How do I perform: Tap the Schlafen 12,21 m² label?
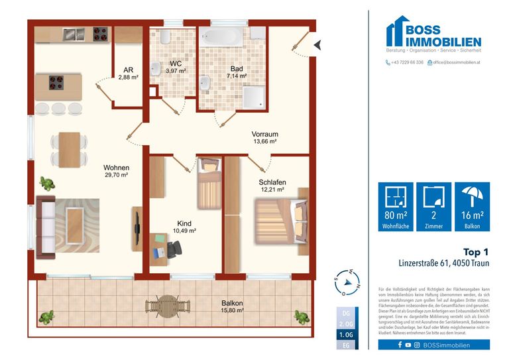(272, 184)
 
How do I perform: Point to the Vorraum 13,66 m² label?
(264, 137)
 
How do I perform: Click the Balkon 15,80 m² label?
(232, 307)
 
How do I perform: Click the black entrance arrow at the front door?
(316, 45)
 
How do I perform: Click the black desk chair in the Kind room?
(174, 249)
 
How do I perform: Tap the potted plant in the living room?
(46, 183)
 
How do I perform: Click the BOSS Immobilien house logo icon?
(400, 32)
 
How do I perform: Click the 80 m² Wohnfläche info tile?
(395, 206)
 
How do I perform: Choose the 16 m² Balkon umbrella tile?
(471, 206)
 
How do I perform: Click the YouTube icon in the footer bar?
(408, 345)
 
